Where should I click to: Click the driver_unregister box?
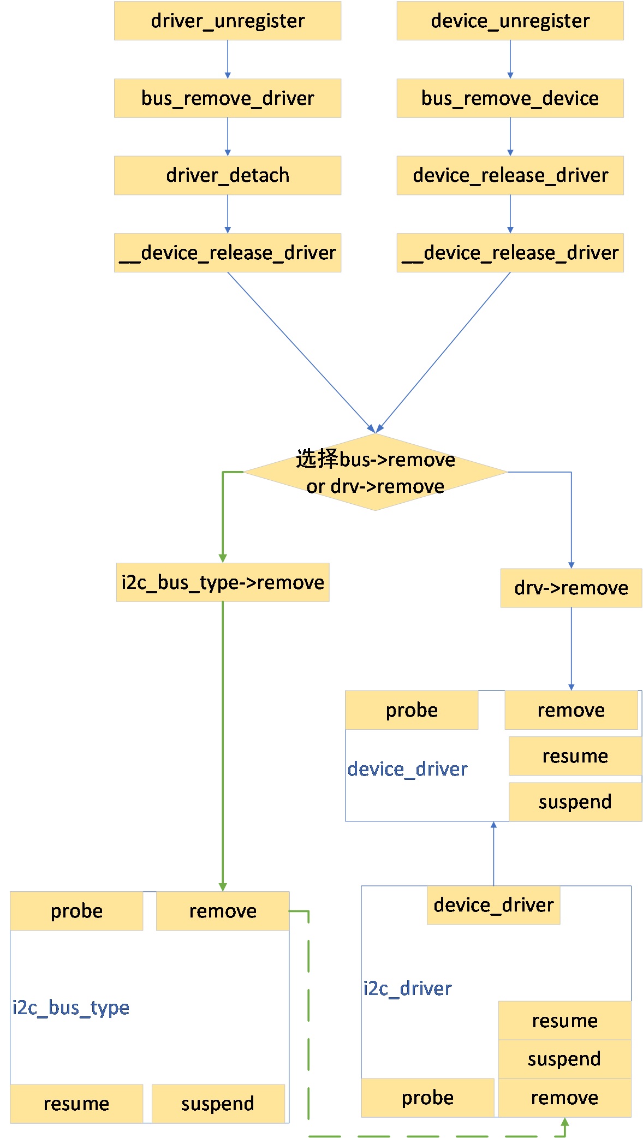point(227,21)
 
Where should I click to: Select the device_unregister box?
point(510,21)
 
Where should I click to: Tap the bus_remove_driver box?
point(227,98)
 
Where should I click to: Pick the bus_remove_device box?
point(510,98)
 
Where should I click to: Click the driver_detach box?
point(227,175)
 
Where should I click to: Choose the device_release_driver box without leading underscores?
point(510,175)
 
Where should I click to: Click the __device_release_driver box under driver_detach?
point(227,253)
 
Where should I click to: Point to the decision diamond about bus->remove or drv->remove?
point(375,472)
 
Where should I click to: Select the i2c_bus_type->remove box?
point(223,582)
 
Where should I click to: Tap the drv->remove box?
point(571,588)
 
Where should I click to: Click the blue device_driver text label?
point(407,769)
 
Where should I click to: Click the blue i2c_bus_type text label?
point(71,1007)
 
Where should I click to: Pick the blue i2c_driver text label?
point(407,988)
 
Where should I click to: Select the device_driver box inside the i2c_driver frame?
point(493,905)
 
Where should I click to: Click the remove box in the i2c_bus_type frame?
point(223,911)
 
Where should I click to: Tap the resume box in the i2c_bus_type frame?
point(76,1104)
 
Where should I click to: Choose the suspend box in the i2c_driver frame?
point(564,1059)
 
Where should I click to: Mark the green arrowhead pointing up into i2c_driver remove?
point(565,1122)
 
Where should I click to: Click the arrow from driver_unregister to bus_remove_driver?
point(228,59)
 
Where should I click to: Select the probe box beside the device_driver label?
point(412,710)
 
